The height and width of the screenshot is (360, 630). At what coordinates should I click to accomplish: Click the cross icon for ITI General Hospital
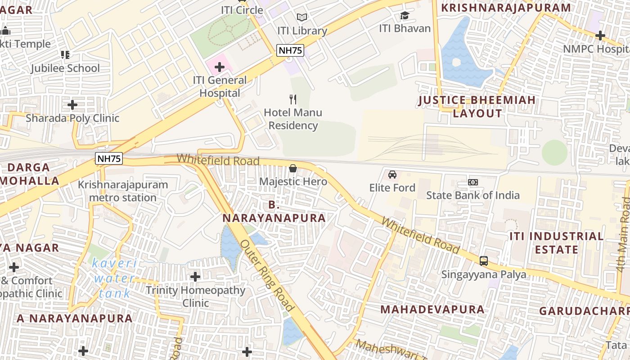(219, 67)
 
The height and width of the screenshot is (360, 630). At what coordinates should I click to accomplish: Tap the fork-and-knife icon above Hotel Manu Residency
(293, 99)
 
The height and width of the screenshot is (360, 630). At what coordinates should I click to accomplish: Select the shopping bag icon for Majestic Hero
(293, 168)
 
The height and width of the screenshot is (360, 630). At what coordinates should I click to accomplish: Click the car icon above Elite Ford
(392, 174)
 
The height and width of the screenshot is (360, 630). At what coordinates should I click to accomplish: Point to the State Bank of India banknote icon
(472, 182)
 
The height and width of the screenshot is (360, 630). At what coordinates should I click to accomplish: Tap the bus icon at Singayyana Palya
(484, 261)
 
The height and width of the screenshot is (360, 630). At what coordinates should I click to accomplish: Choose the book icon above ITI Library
(302, 17)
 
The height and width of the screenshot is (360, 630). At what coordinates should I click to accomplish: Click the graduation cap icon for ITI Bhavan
(405, 15)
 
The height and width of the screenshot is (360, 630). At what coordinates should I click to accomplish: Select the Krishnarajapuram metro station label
(123, 191)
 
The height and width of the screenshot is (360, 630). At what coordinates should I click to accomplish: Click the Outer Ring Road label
(267, 275)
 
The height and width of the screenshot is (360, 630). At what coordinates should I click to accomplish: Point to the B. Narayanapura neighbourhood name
(274, 211)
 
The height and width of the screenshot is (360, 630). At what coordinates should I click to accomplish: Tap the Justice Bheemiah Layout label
(477, 107)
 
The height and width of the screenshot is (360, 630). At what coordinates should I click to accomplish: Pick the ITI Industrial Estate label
(556, 243)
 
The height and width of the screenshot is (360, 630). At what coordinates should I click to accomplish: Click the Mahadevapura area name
(432, 309)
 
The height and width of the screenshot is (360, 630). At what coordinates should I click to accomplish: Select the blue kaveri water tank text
(114, 278)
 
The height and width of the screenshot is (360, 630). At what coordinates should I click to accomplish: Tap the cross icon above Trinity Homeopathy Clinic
(195, 276)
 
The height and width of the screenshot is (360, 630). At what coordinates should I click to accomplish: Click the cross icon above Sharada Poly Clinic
(72, 105)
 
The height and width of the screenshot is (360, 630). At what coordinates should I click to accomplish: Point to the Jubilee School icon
(65, 55)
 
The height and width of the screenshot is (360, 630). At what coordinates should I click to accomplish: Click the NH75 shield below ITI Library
(290, 50)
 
